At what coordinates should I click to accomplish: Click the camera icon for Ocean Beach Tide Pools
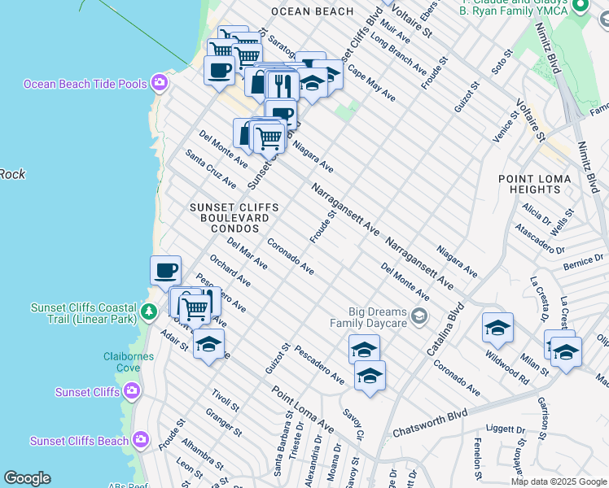160,83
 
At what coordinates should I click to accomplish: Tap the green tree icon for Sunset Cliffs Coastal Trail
148,312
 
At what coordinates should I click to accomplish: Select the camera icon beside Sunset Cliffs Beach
142,441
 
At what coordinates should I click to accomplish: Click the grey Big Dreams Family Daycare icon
419,315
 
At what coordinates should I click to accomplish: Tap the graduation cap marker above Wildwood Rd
497,328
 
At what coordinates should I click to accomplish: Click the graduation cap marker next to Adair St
208,344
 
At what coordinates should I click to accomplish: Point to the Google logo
27,478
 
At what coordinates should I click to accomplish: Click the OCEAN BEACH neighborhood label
312,11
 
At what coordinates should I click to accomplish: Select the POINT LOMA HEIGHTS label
529,184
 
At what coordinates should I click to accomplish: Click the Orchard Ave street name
230,272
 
